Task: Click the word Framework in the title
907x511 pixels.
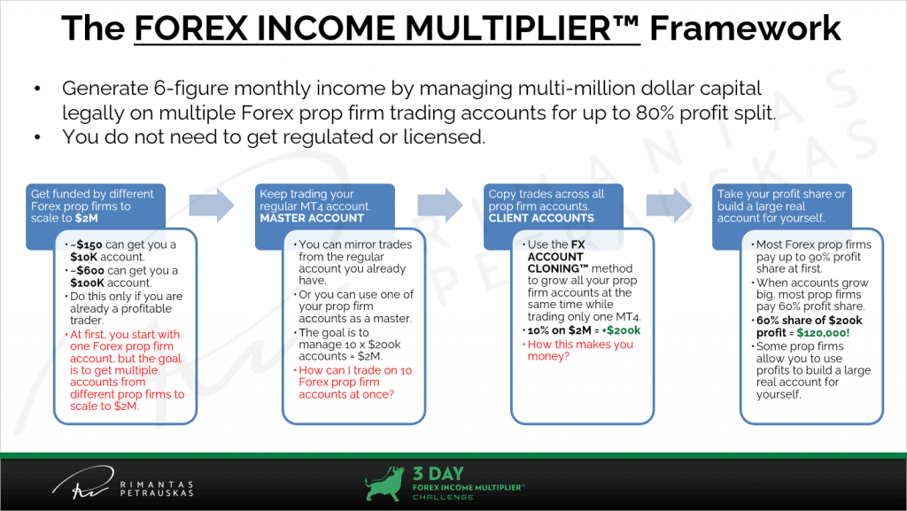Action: (745, 27)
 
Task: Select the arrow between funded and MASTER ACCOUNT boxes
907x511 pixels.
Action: (212, 205)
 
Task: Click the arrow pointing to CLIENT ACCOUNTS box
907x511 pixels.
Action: (440, 205)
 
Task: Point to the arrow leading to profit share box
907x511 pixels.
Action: (669, 205)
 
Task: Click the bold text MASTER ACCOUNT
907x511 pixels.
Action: (312, 219)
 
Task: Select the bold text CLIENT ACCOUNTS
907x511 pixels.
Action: (541, 219)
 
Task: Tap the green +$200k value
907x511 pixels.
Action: (621, 330)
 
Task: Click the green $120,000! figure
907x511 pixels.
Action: (823, 333)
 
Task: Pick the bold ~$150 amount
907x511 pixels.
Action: (87, 244)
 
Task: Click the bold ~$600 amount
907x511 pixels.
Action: (88, 270)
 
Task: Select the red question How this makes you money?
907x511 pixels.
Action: (580, 351)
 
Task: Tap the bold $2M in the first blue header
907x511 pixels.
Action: (87, 219)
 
